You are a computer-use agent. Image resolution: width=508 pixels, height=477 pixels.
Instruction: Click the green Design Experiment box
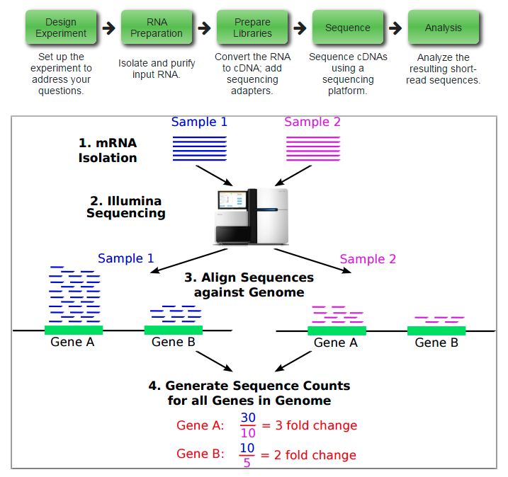[61, 28]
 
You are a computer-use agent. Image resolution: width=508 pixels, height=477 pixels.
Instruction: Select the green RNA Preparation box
[157, 28]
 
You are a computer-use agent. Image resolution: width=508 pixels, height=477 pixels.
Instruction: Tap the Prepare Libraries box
[252, 28]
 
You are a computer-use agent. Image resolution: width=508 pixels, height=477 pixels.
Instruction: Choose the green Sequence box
[347, 28]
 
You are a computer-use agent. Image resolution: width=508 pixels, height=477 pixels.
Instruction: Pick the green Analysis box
[443, 28]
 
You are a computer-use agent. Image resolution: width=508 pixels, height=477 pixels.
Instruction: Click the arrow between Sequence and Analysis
[395, 28]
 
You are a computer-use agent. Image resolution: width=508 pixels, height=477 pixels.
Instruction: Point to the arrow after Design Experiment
[108, 28]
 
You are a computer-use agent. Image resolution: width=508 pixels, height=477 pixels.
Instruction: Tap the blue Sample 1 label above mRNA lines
[199, 122]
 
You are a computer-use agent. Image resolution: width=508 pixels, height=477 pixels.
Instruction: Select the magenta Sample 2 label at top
[312, 122]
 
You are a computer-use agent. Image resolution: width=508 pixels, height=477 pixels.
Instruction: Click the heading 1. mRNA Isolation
[108, 150]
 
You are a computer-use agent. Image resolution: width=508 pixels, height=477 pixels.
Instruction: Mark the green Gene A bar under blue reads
[74, 330]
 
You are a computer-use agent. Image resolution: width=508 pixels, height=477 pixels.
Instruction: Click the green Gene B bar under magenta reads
[436, 331]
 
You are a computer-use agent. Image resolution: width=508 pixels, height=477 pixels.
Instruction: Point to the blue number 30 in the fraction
[247, 418]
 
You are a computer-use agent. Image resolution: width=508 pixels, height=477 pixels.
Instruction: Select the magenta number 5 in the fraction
[247, 462]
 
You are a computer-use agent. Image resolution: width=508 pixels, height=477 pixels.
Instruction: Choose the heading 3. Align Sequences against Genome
[249, 285]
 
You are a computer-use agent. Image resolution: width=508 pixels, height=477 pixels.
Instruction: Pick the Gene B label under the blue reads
[173, 343]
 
